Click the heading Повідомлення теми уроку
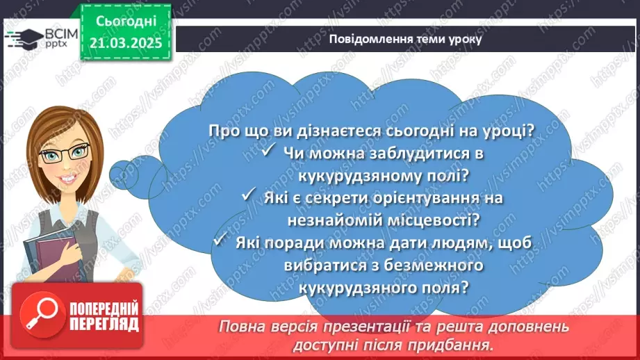pos(406,39)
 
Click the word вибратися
pos(320,265)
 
